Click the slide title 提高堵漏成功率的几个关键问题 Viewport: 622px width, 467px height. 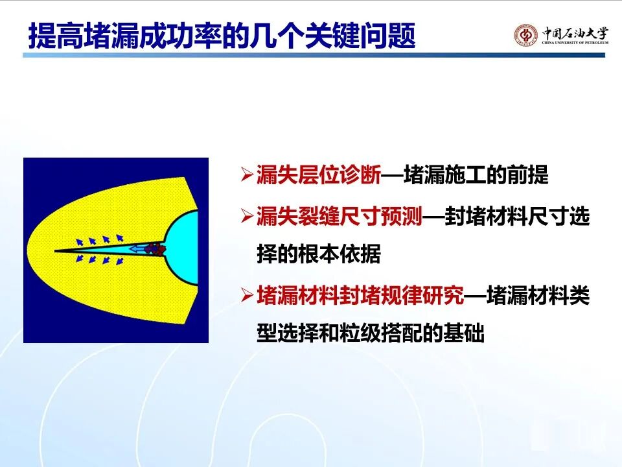coord(222,36)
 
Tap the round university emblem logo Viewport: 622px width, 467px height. coord(525,35)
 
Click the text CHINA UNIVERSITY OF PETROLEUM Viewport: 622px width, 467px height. coord(575,43)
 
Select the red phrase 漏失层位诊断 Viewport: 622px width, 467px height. coord(319,174)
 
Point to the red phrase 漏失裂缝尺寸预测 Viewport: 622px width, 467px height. coord(339,217)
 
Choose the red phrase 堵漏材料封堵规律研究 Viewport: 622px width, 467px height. coord(360,296)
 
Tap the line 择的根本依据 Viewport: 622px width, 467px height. coord(319,254)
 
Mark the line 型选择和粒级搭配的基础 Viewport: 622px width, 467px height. coord(371,333)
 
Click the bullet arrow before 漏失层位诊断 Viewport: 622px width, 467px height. coord(247,175)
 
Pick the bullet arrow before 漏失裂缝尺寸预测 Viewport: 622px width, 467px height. coord(247,217)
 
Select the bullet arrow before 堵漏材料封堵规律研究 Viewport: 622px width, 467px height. coord(247,296)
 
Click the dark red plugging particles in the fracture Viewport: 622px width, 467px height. coord(155,249)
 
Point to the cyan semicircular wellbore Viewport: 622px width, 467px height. coord(181,247)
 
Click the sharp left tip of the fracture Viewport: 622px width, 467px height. coord(54,251)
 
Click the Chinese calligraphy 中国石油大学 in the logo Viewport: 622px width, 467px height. coord(575,32)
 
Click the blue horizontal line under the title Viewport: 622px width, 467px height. coord(314,55)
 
